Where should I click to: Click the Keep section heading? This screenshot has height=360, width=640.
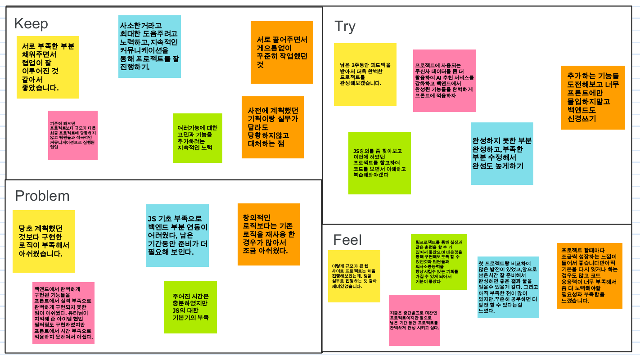tap(31, 24)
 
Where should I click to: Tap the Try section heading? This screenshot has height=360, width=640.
tap(345, 27)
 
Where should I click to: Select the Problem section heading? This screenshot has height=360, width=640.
tap(42, 196)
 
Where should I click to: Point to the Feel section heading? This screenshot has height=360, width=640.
tap(347, 240)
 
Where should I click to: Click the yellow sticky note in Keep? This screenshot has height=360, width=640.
tap(48, 67)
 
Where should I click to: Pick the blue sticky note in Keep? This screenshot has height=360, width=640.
tap(149, 46)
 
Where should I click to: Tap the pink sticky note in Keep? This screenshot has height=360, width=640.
tap(73, 135)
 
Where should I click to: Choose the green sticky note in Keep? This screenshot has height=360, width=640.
tap(197, 138)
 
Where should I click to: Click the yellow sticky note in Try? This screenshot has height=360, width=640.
tap(365, 74)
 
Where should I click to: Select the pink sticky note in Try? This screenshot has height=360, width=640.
tap(444, 81)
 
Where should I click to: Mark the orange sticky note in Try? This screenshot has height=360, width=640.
tap(593, 97)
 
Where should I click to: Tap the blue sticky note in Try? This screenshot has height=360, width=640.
tap(502, 153)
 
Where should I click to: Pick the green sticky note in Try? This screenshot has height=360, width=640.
tap(379, 163)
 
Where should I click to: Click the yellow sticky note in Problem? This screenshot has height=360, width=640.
tap(44, 241)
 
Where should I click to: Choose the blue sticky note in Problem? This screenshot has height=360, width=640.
tap(177, 235)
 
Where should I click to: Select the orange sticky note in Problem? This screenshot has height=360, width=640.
tap(268, 234)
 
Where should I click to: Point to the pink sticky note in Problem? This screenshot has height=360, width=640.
tap(63, 313)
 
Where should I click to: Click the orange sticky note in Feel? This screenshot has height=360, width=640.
tap(589, 275)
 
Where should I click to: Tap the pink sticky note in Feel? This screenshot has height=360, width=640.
tap(414, 320)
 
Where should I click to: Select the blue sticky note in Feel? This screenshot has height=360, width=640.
tap(508, 287)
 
